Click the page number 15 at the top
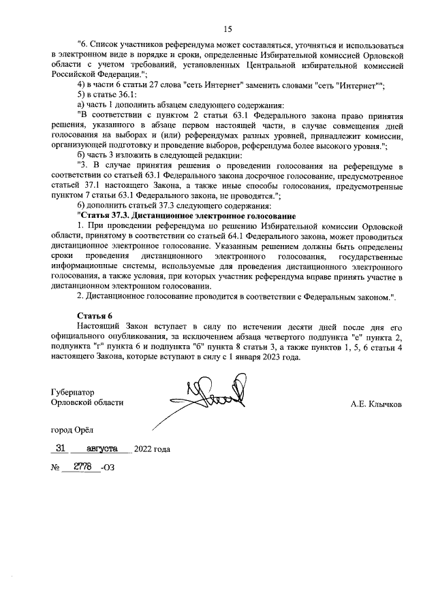(228, 29)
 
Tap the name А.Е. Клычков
(376, 404)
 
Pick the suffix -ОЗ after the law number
(108, 468)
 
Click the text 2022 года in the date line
(152, 449)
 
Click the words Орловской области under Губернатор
(87, 403)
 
